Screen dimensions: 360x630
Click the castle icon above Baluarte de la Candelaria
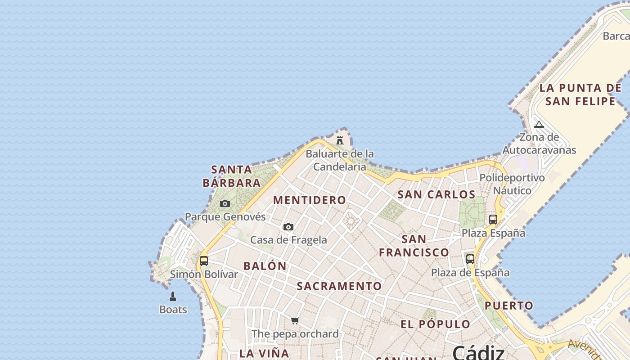pos(340,140)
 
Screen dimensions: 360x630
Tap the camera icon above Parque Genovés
pos(225,204)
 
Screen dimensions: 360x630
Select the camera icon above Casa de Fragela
pos(288,227)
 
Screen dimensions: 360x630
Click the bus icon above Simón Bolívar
pos(204,261)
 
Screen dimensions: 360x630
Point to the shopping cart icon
pos(295,321)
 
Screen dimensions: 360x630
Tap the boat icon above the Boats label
pos(172,297)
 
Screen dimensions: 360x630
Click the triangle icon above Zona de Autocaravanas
pos(539,125)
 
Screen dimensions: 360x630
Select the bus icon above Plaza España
pos(493,220)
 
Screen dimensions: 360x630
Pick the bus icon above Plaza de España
pos(470,259)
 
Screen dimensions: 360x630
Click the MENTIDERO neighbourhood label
pos(310,200)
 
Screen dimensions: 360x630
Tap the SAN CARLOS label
pos(436,194)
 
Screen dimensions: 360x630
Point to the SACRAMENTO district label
pos(339,286)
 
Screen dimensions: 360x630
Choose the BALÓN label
pos(265,266)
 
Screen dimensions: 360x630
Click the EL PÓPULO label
pos(435,324)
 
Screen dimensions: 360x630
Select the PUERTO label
pos(508,306)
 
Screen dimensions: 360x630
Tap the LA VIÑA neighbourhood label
pos(264,353)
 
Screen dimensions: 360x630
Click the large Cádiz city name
pos(478,352)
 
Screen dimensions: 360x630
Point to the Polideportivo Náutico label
pos(512,184)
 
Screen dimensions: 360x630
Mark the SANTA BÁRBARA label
pos(232,176)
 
